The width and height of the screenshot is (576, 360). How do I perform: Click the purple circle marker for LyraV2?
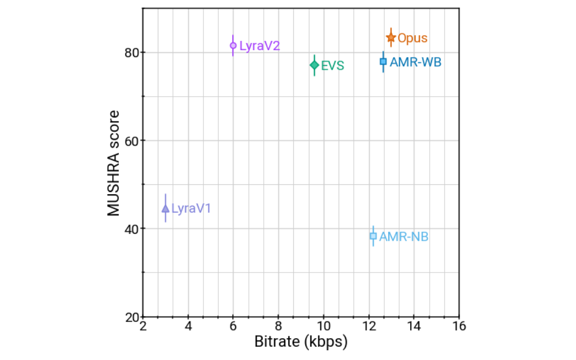point(233,46)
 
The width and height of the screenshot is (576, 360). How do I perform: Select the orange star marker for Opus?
point(391,38)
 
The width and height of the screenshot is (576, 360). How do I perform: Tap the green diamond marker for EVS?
point(314,65)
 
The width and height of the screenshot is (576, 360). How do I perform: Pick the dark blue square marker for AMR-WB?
point(383,62)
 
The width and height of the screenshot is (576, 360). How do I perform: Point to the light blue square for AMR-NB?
point(373,236)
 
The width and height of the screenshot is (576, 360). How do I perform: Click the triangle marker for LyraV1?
point(165,209)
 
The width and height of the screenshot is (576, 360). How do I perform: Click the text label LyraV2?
point(259,46)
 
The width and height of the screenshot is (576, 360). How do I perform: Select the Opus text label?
point(412,39)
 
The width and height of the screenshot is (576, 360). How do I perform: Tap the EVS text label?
point(332,66)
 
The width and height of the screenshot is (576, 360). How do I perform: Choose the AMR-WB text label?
point(415,62)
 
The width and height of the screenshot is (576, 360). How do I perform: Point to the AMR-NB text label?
point(404,236)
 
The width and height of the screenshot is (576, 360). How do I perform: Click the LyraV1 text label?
point(191,209)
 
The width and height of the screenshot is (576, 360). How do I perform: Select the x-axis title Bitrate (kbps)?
point(301,343)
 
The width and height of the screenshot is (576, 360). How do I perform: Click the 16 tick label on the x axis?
point(458,326)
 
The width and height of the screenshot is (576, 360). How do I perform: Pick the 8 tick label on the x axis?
point(278,326)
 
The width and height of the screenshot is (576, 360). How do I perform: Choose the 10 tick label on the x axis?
point(323,326)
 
